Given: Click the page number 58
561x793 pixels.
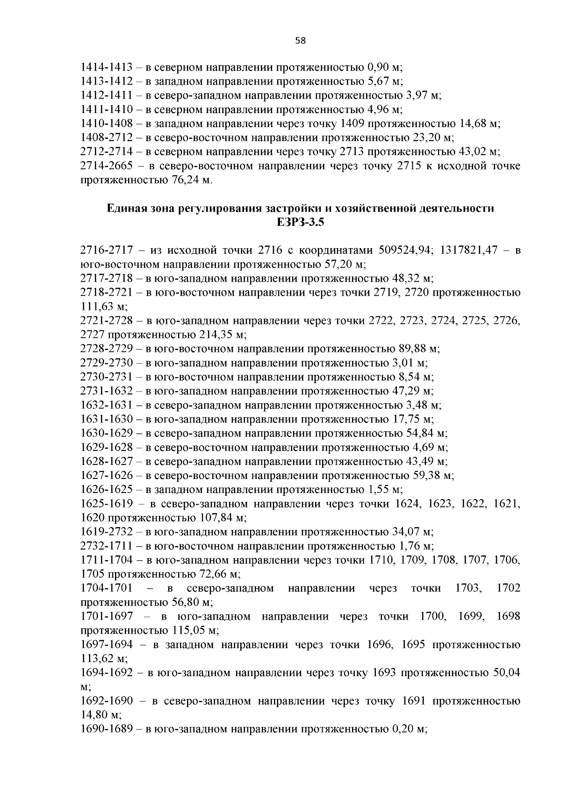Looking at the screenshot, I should [301, 41].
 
